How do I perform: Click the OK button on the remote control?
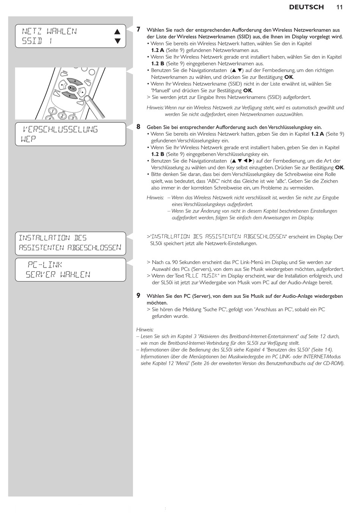[72, 88]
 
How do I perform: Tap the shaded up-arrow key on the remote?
[75, 81]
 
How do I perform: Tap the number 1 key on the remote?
[52, 111]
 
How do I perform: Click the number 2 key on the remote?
[62, 116]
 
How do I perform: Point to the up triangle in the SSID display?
[117, 31]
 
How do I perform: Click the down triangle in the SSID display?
[117, 41]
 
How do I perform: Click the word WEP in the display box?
[28, 139]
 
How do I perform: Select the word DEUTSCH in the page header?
[306, 7]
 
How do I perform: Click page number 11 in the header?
[340, 7]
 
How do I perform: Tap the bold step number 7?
[138, 29]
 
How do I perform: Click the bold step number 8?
[138, 127]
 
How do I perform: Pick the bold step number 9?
[138, 296]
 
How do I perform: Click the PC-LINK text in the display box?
[45, 265]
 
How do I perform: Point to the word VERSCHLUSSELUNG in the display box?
[61, 130]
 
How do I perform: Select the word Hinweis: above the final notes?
[145, 330]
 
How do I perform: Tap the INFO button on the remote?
[88, 80]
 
